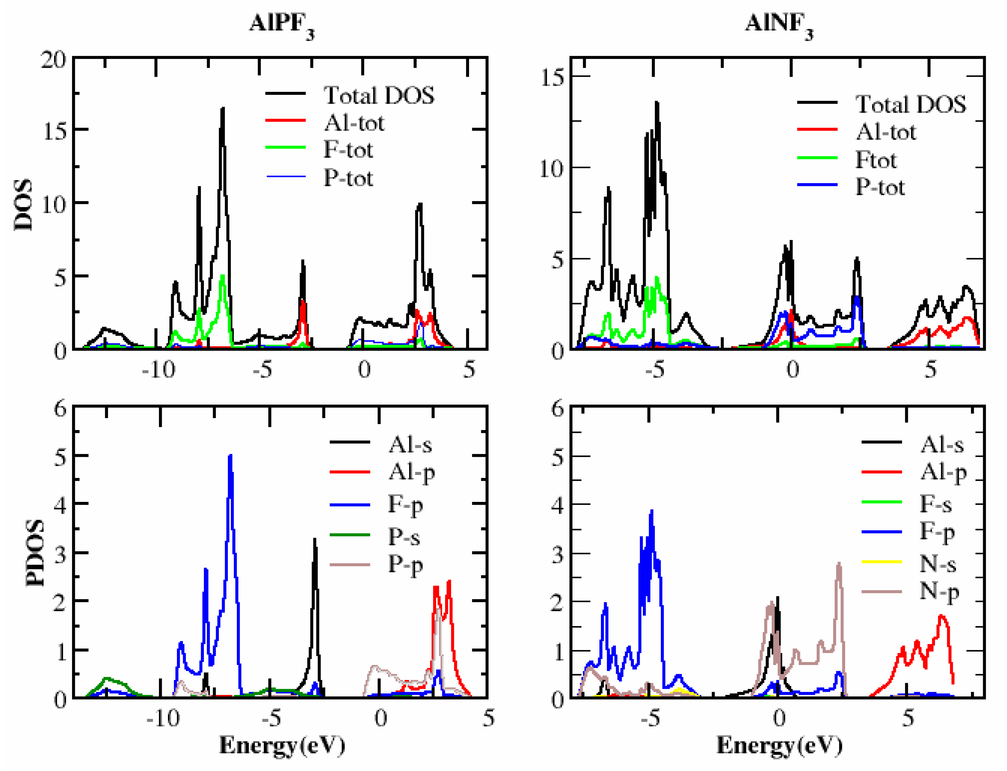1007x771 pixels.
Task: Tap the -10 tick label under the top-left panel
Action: (x=158, y=369)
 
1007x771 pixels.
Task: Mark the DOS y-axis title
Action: (x=23, y=204)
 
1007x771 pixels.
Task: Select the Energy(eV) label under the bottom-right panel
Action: (x=779, y=746)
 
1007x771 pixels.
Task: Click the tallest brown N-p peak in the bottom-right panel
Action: (x=838, y=564)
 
